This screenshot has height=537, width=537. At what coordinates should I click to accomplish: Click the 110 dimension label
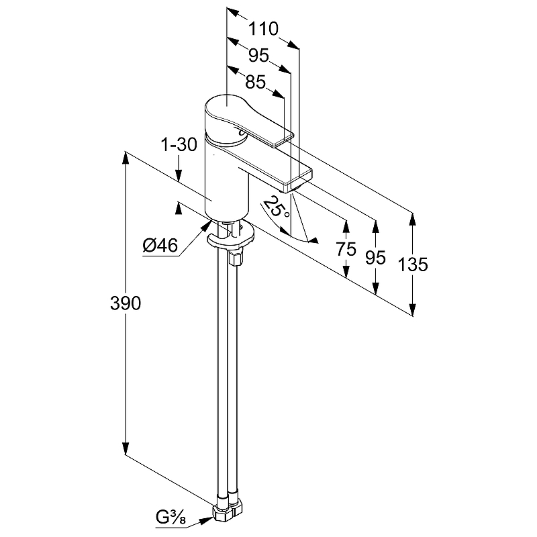tap(263, 29)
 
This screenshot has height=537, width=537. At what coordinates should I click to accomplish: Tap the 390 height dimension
tap(126, 303)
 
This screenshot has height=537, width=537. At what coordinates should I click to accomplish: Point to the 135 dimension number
tap(413, 264)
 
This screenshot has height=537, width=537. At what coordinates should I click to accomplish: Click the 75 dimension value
tap(346, 250)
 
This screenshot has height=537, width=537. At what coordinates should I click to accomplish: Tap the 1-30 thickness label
tap(178, 144)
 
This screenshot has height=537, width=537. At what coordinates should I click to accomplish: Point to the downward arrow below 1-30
tap(179, 176)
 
